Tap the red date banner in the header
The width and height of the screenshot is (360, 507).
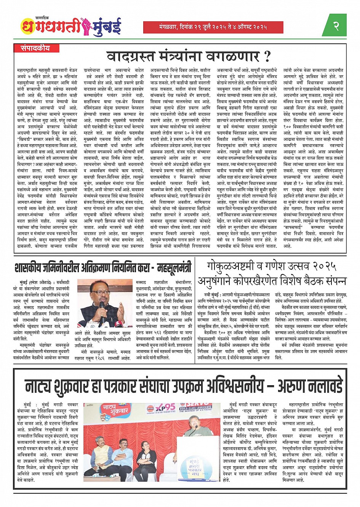(213, 27)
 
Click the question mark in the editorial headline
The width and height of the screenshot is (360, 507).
(267, 56)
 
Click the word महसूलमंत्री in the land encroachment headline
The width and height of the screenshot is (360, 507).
(174, 268)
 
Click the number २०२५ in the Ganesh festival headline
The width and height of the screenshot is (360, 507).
(325, 266)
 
